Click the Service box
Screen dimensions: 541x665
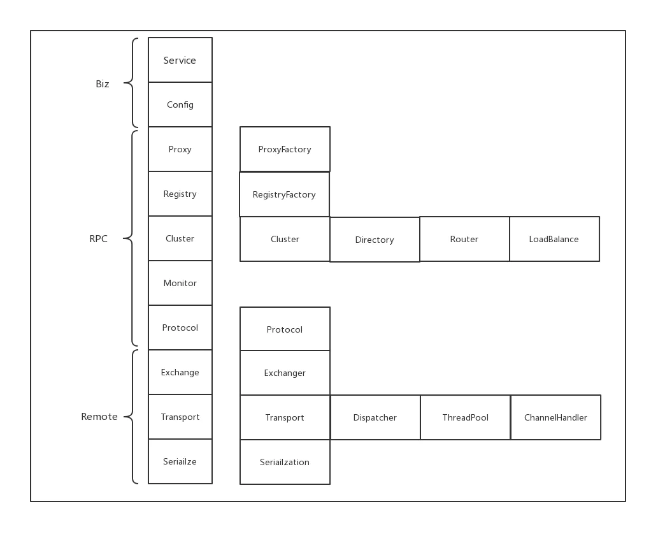pos(180,61)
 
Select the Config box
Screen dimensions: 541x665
pos(180,105)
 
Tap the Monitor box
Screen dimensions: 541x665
pos(180,283)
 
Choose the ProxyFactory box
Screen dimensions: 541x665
pos(285,149)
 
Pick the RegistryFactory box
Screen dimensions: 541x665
pos(284,194)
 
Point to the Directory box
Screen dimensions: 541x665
pos(375,240)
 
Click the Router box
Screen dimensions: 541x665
pos(464,239)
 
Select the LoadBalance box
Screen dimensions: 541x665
pos(554,239)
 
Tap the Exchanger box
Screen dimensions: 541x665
pos(285,373)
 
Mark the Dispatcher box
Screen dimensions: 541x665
pos(375,417)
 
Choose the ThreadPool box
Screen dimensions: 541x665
pos(466,417)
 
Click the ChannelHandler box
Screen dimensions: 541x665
pos(555,417)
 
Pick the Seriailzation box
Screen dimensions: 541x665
pos(285,462)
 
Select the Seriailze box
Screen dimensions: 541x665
pos(180,461)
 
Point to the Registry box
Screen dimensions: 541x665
pos(180,194)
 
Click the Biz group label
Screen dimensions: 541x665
pos(103,84)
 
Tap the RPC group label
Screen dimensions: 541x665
pos(99,239)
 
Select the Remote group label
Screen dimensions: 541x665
pos(99,417)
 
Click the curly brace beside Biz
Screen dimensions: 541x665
pos(131,83)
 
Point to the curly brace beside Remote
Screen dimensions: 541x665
pos(131,417)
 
